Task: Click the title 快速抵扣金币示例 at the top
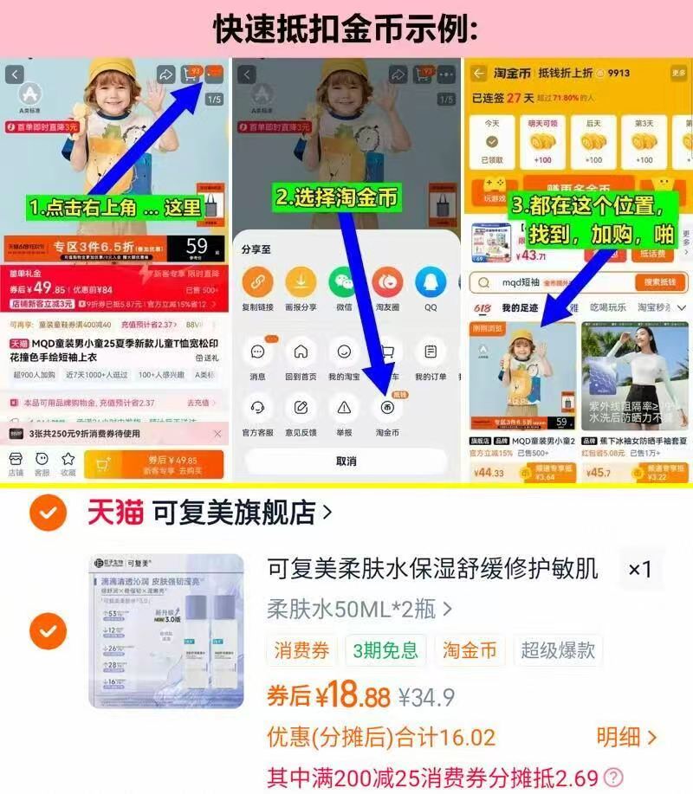pos(346,29)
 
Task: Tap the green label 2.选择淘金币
pos(337,197)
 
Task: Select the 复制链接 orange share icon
pos(256,282)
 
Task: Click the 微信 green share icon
pos(343,282)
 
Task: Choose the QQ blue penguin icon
pos(430,282)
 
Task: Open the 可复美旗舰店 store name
pos(234,513)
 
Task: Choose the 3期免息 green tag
pos(385,649)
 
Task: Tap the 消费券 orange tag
pos(301,649)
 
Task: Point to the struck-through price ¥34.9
pos(426,696)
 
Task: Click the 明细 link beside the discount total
pos(625,737)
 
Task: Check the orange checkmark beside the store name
pos(48,513)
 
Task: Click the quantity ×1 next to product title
pos(639,569)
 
